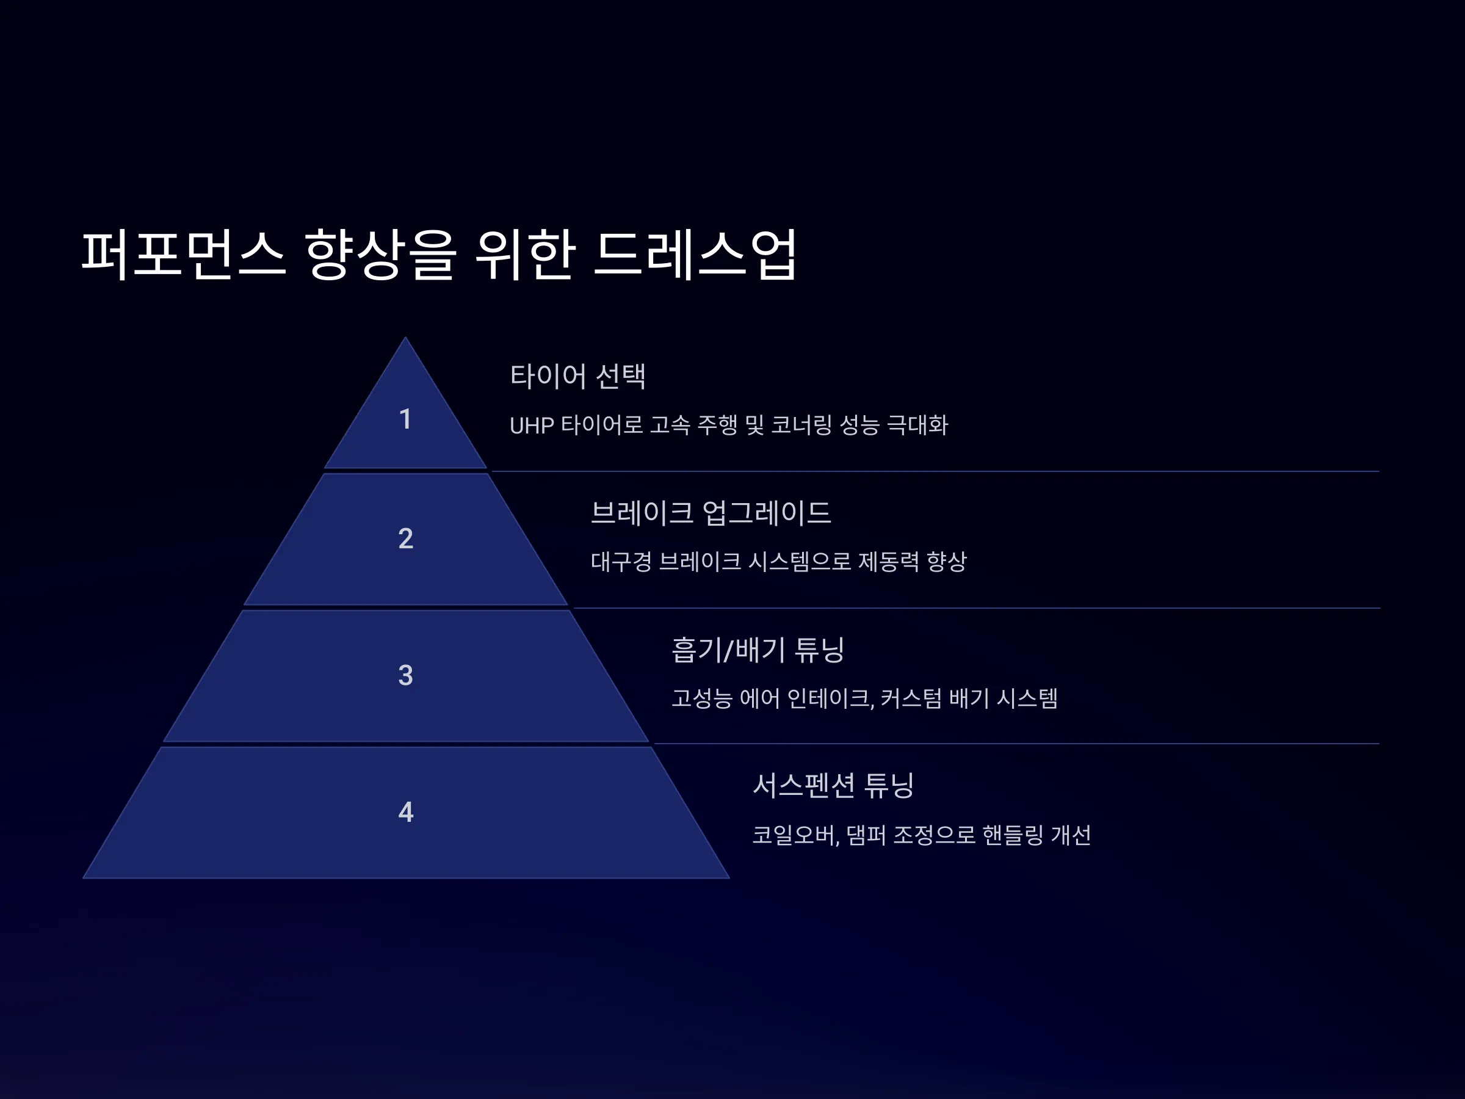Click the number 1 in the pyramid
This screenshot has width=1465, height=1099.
click(x=405, y=419)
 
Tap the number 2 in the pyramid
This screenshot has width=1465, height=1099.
click(x=405, y=539)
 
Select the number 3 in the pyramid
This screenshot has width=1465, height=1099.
click(x=405, y=675)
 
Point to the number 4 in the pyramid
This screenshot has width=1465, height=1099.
click(x=405, y=811)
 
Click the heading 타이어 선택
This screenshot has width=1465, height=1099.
click(x=577, y=375)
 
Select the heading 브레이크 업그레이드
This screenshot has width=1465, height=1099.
click(x=711, y=512)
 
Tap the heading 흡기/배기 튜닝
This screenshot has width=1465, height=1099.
click(x=758, y=649)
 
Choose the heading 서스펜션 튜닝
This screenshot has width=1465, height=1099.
click(x=833, y=786)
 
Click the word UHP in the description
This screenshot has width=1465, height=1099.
click(x=531, y=426)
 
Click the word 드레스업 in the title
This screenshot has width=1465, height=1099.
click(x=695, y=255)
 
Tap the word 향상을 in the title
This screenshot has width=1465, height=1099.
click(x=381, y=255)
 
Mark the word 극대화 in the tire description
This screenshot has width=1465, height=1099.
click(x=917, y=424)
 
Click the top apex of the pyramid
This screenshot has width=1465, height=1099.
click(x=405, y=337)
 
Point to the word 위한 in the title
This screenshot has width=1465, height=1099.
click(x=524, y=255)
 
